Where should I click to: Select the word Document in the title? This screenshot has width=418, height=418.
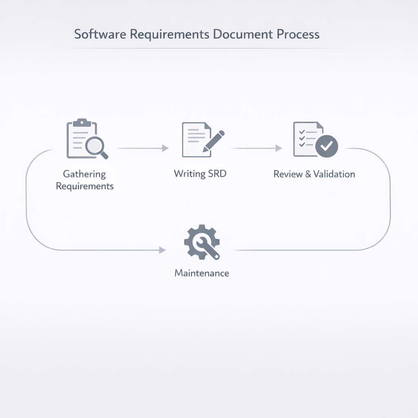tap(243, 34)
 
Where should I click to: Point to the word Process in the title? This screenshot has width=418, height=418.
tap(298, 34)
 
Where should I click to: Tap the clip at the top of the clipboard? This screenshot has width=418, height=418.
tap(82, 122)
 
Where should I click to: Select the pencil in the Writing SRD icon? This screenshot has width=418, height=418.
tap(213, 141)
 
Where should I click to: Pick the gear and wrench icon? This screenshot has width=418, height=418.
tap(202, 242)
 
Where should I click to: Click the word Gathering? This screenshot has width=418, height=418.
tap(84, 174)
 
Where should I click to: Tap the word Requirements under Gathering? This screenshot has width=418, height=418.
tap(84, 187)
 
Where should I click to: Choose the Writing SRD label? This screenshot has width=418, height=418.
tap(200, 174)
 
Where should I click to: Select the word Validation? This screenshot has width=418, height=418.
tap(335, 174)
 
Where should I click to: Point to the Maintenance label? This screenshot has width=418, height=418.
tap(202, 273)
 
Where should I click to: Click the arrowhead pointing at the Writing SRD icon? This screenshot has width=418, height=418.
tap(165, 149)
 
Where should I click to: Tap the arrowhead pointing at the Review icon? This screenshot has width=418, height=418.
tap(279, 148)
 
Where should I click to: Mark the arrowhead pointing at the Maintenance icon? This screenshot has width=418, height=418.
tap(162, 250)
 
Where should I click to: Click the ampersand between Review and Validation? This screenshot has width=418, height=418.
tap(310, 174)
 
